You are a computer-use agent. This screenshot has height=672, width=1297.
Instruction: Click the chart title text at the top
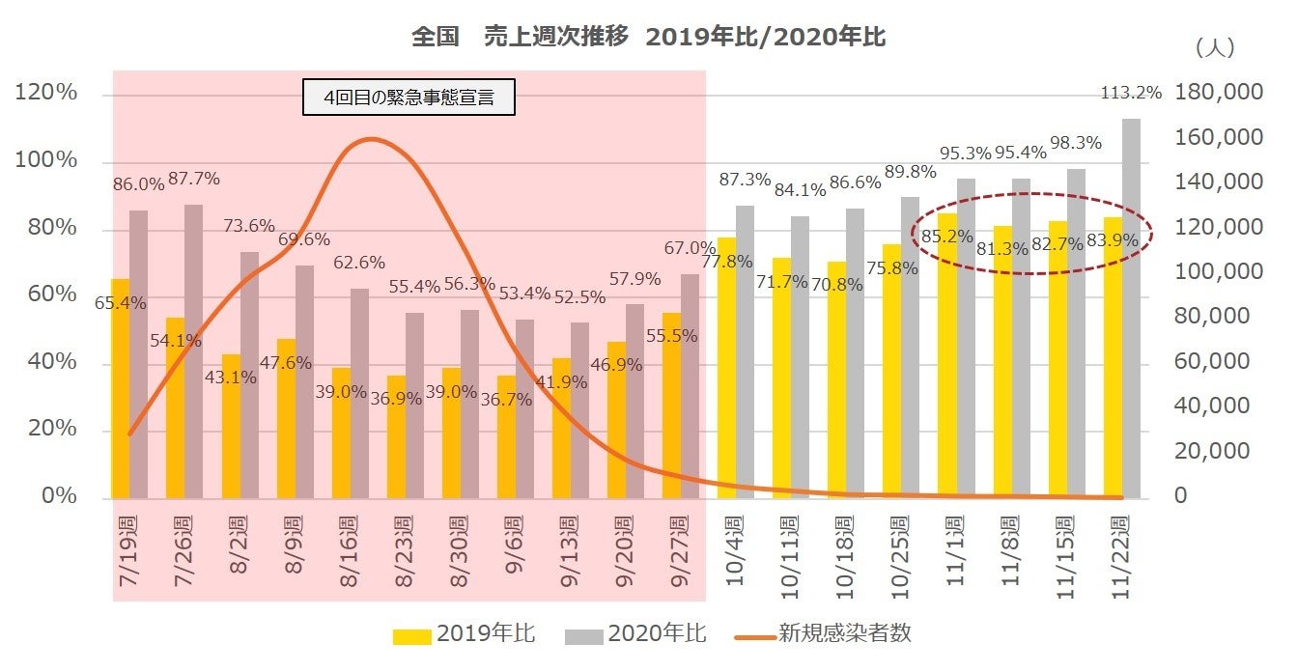tap(648, 38)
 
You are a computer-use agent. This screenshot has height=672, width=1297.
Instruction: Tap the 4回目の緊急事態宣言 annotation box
tap(409, 98)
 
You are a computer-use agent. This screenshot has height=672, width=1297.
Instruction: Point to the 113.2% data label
tap(1131, 94)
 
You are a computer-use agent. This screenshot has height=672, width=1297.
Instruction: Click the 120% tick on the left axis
tap(45, 94)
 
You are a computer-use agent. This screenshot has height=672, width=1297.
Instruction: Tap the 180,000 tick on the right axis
tap(1219, 93)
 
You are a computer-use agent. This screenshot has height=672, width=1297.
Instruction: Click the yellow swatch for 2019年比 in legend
tap(411, 635)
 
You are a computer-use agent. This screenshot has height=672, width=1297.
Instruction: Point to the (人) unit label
tap(1214, 47)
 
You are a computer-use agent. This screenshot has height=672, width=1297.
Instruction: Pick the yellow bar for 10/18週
tap(836, 380)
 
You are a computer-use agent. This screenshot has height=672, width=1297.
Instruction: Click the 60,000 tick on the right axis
tap(1211, 362)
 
